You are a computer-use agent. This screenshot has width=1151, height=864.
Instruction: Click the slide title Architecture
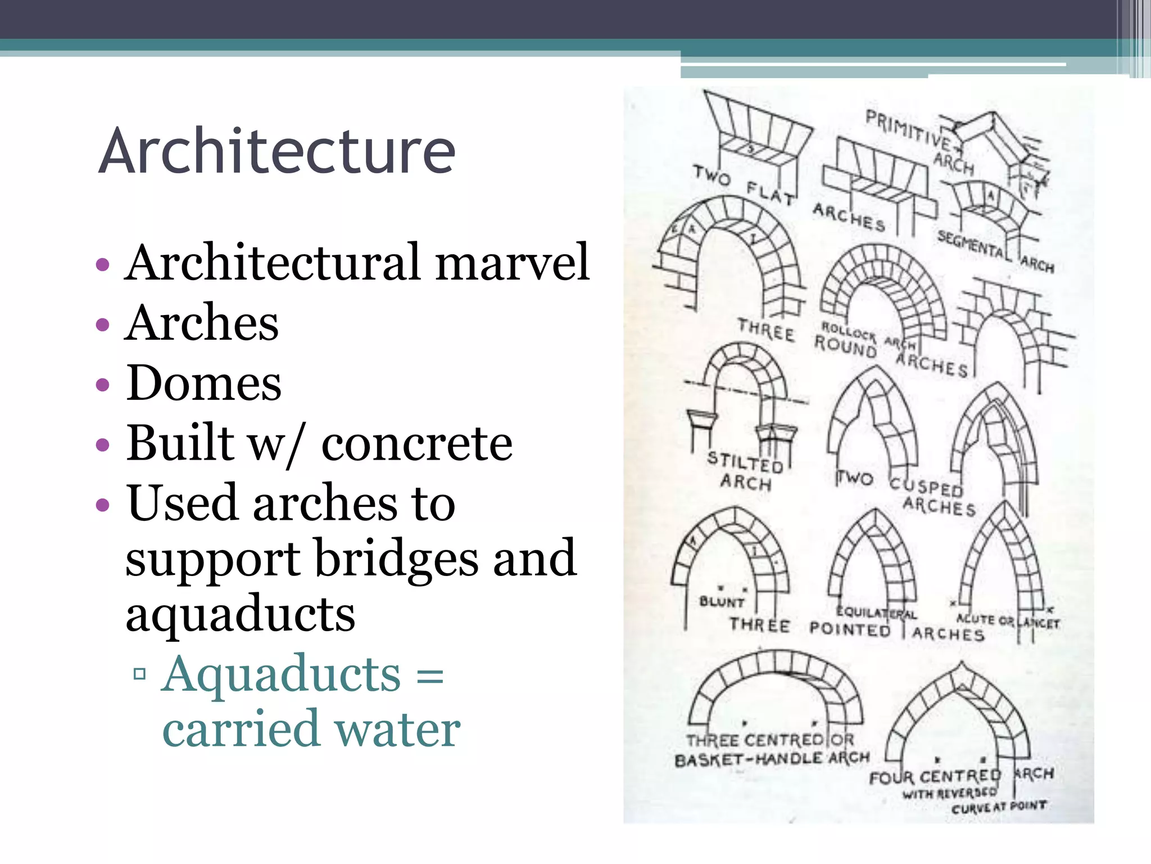(x=277, y=151)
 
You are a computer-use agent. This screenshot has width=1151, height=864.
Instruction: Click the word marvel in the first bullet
(x=512, y=262)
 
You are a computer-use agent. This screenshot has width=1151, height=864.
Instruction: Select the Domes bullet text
(x=203, y=383)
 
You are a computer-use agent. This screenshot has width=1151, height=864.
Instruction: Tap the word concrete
(x=416, y=444)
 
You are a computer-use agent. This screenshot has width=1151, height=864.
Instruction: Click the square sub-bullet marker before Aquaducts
(x=140, y=673)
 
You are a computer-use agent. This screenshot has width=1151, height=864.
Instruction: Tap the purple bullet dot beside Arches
(x=102, y=325)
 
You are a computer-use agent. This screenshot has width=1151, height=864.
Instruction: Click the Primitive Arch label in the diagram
(x=919, y=141)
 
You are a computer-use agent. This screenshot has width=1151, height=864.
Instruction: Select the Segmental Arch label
(x=995, y=251)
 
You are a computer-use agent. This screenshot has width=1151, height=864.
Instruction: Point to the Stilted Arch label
(x=745, y=471)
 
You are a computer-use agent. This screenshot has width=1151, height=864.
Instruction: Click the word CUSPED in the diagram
(x=926, y=487)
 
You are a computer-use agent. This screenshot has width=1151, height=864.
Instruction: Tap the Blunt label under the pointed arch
(x=722, y=602)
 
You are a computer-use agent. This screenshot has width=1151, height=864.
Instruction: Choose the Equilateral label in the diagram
(x=876, y=613)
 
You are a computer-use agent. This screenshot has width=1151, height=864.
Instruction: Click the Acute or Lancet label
(x=1008, y=622)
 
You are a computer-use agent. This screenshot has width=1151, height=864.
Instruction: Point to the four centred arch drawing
(x=958, y=714)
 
